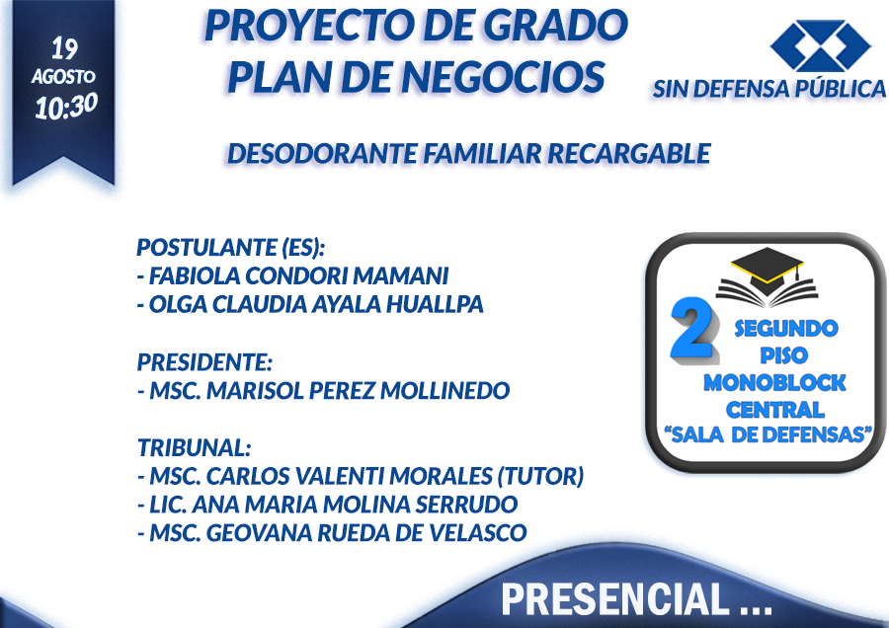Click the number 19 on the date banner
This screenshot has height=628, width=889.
(x=64, y=48)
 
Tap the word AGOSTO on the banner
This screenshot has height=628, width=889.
(x=63, y=76)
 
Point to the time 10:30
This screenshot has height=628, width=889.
(x=66, y=106)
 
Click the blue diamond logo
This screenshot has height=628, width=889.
(x=820, y=46)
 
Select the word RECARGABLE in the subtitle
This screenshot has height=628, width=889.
(x=629, y=154)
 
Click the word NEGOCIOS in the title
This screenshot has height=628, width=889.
(x=503, y=77)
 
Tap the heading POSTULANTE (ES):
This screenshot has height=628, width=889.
(x=231, y=248)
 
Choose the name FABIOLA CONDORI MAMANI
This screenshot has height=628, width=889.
(x=298, y=276)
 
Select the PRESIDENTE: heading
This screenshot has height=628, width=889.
(x=205, y=361)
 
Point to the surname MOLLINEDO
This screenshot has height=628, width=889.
(x=445, y=390)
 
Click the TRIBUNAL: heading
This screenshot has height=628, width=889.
(x=195, y=447)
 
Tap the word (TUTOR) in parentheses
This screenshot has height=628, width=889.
(x=540, y=476)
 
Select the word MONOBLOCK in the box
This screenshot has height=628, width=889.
(x=774, y=383)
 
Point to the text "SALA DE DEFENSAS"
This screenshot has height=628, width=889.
(x=768, y=434)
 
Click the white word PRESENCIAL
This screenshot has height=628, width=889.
(x=615, y=599)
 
